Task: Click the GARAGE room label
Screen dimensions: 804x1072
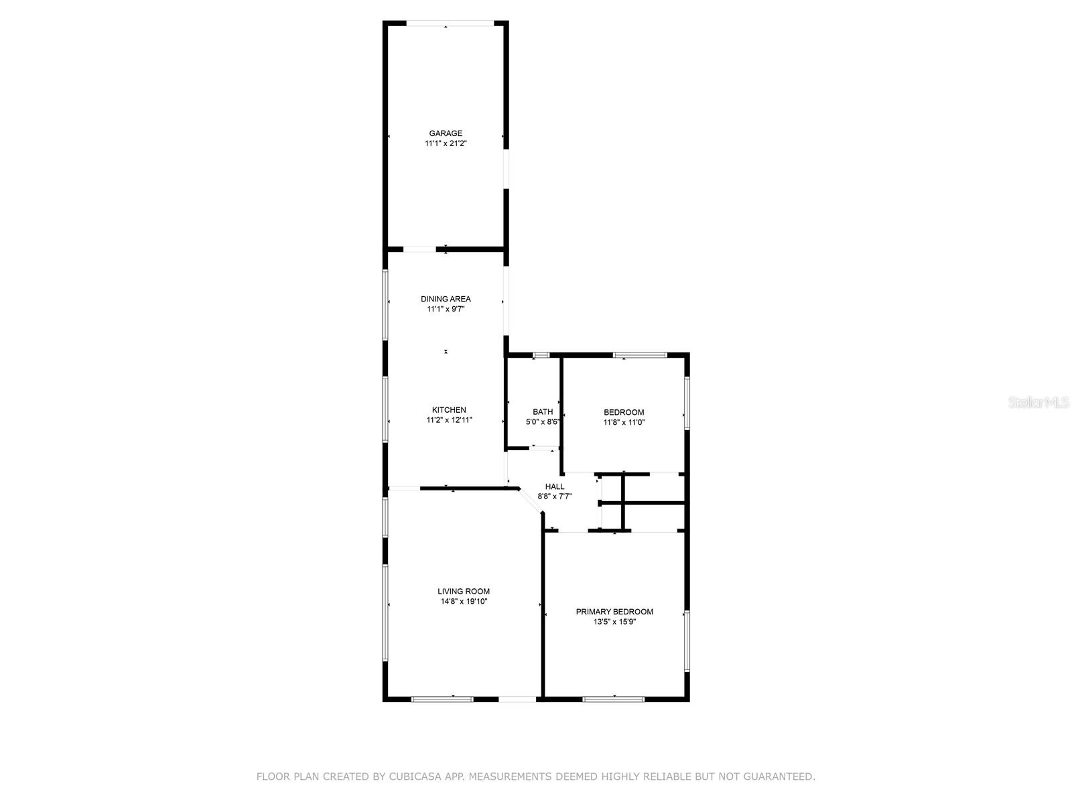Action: click(446, 133)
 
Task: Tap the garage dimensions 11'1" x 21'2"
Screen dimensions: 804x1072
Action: click(446, 143)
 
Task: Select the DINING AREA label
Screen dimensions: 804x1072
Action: click(446, 299)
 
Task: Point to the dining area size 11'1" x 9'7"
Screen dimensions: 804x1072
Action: click(446, 310)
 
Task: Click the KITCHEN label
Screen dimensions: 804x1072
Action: click(449, 410)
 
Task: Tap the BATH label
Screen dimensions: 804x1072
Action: click(543, 412)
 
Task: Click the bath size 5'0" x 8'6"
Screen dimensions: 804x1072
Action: click(543, 422)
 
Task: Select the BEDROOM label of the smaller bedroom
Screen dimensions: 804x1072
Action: click(624, 413)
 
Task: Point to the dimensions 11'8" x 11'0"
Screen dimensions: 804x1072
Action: click(624, 423)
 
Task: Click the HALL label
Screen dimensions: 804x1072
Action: click(555, 486)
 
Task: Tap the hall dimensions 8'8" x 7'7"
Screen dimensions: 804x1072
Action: click(555, 496)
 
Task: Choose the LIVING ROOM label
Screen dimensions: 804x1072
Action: click(464, 592)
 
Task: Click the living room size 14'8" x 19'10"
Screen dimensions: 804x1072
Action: click(464, 602)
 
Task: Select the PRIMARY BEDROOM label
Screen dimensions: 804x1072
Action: click(614, 612)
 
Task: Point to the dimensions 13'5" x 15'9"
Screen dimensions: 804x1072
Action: click(614, 622)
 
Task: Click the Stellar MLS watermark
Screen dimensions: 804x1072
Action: click(1039, 402)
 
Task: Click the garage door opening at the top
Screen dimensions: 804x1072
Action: click(450, 24)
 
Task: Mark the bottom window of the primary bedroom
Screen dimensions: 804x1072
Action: click(613, 699)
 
